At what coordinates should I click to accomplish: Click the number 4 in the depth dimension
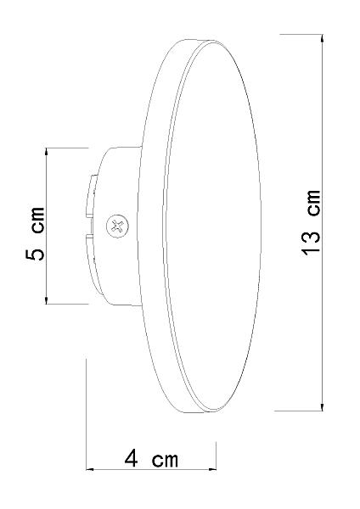point(132,459)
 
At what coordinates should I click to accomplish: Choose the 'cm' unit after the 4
point(165,460)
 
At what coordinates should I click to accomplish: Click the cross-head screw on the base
point(117,226)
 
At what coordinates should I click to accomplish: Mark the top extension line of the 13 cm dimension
point(301,36)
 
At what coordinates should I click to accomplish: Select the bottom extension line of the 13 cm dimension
point(301,410)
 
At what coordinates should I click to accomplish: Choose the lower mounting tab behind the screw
point(91,255)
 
